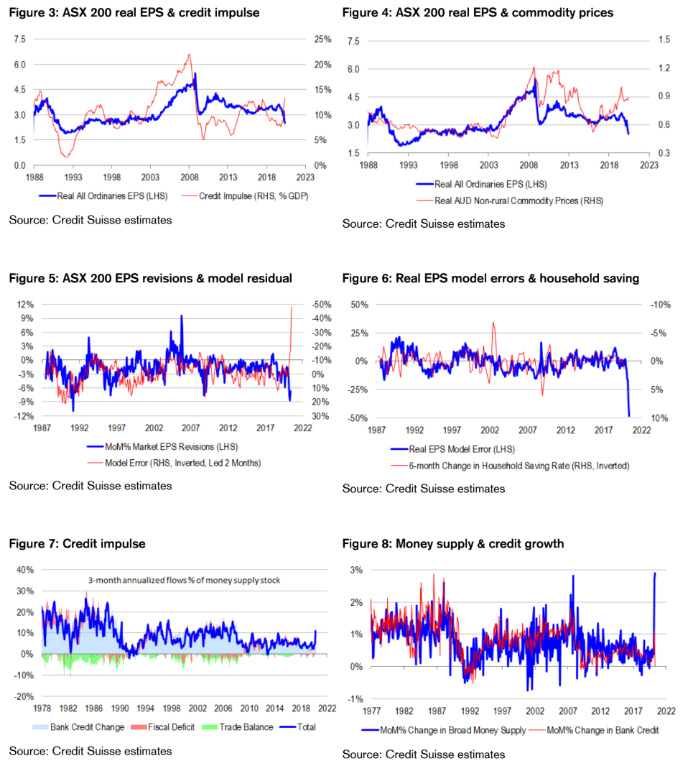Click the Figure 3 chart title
click(x=134, y=13)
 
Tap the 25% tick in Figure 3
click(x=321, y=40)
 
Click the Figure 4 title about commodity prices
click(x=478, y=13)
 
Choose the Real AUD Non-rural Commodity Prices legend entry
click(x=519, y=200)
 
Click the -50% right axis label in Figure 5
click(x=320, y=305)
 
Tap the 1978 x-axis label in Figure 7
click(x=42, y=708)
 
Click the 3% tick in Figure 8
click(x=355, y=570)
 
